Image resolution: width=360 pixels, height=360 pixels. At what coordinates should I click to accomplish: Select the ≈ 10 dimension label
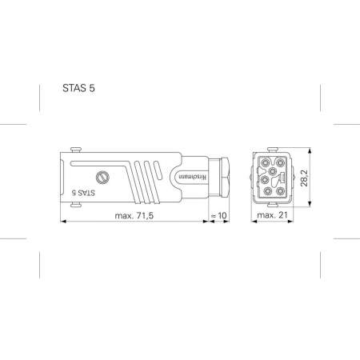click(218, 216)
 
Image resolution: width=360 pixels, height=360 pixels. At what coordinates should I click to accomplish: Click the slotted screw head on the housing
click(101, 177)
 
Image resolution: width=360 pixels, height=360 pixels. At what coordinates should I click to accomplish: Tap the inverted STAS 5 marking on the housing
click(83, 192)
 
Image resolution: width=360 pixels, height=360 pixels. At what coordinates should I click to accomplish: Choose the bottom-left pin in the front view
click(262, 193)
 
